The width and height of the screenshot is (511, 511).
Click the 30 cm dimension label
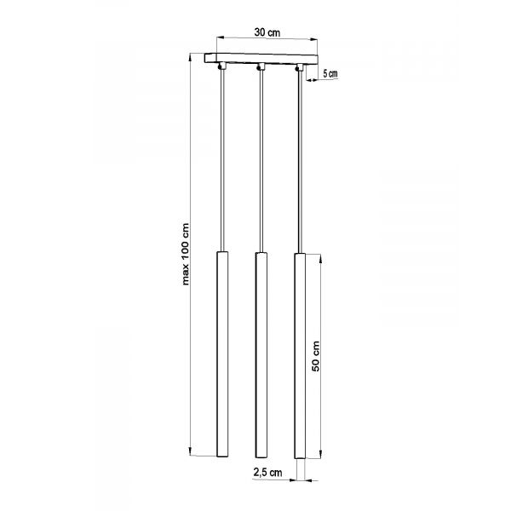[x=267, y=32]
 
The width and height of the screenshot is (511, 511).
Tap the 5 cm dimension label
[x=330, y=73]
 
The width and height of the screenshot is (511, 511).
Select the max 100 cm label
[x=186, y=254]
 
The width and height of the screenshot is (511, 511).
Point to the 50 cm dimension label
[x=315, y=356]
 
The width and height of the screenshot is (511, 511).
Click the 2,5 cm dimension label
[x=268, y=472]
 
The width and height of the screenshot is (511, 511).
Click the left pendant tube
[x=222, y=354]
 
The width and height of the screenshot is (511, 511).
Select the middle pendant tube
[x=261, y=355]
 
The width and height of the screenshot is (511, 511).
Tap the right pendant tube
[x=300, y=356]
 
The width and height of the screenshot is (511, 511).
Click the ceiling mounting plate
[x=261, y=59]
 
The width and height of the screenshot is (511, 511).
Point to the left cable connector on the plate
[x=222, y=66]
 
